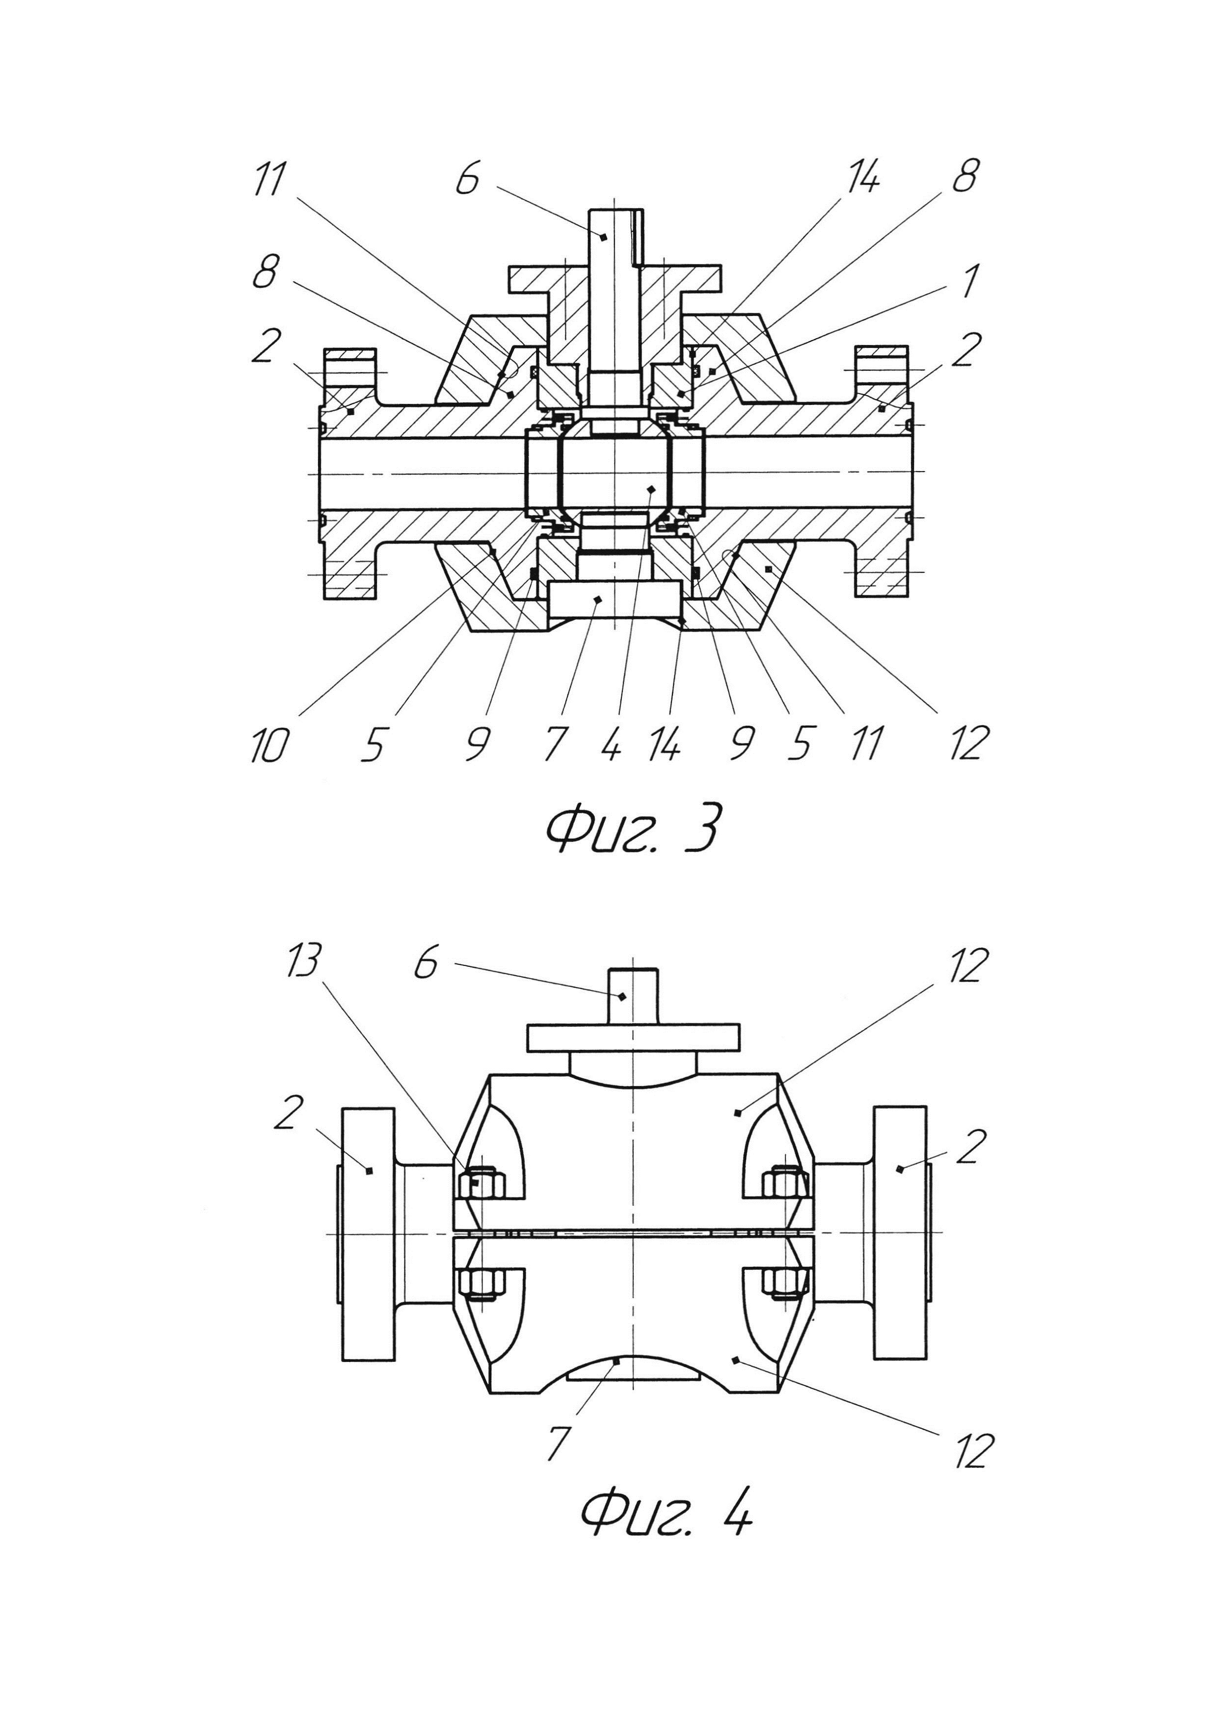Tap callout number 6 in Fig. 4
pos(427,965)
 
